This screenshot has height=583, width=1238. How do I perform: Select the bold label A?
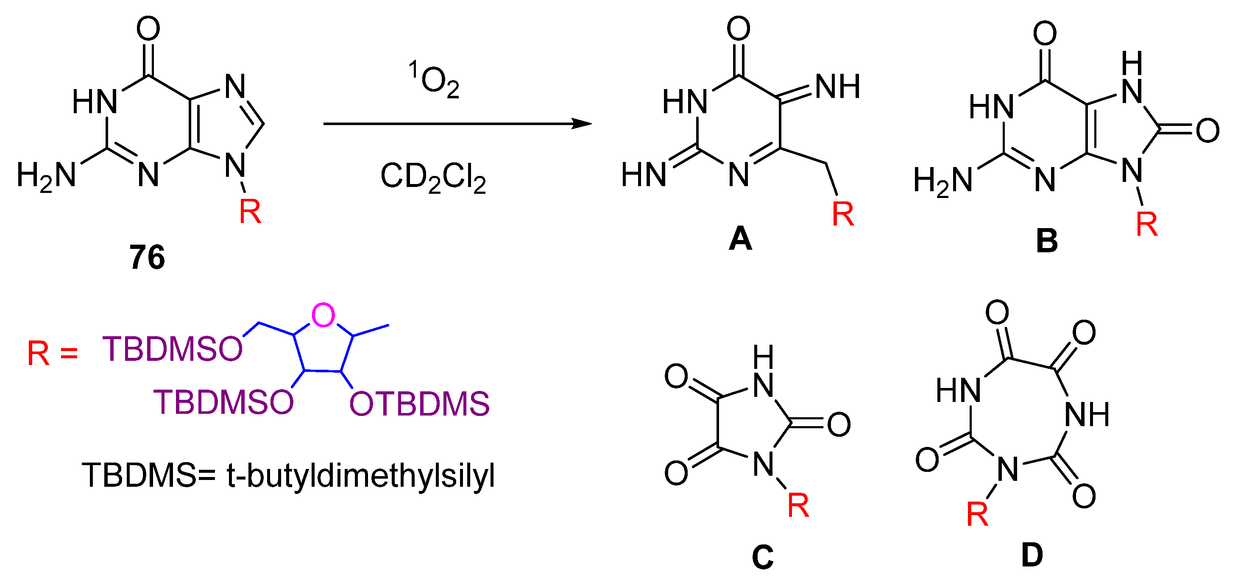tap(740, 239)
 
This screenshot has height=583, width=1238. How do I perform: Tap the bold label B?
tap(1047, 241)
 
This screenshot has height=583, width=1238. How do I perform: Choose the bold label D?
tap(1032, 555)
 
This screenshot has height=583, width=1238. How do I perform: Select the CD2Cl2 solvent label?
tap(433, 177)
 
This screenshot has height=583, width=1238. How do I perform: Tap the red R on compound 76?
tap(250, 211)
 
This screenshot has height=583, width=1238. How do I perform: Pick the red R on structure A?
tap(843, 214)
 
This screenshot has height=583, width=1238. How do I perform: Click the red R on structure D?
tap(977, 514)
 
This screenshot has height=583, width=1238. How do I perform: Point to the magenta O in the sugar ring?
tap(323, 315)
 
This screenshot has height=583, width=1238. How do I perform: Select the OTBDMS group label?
tap(419, 404)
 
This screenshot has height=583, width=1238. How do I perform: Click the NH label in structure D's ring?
tap(1087, 414)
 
